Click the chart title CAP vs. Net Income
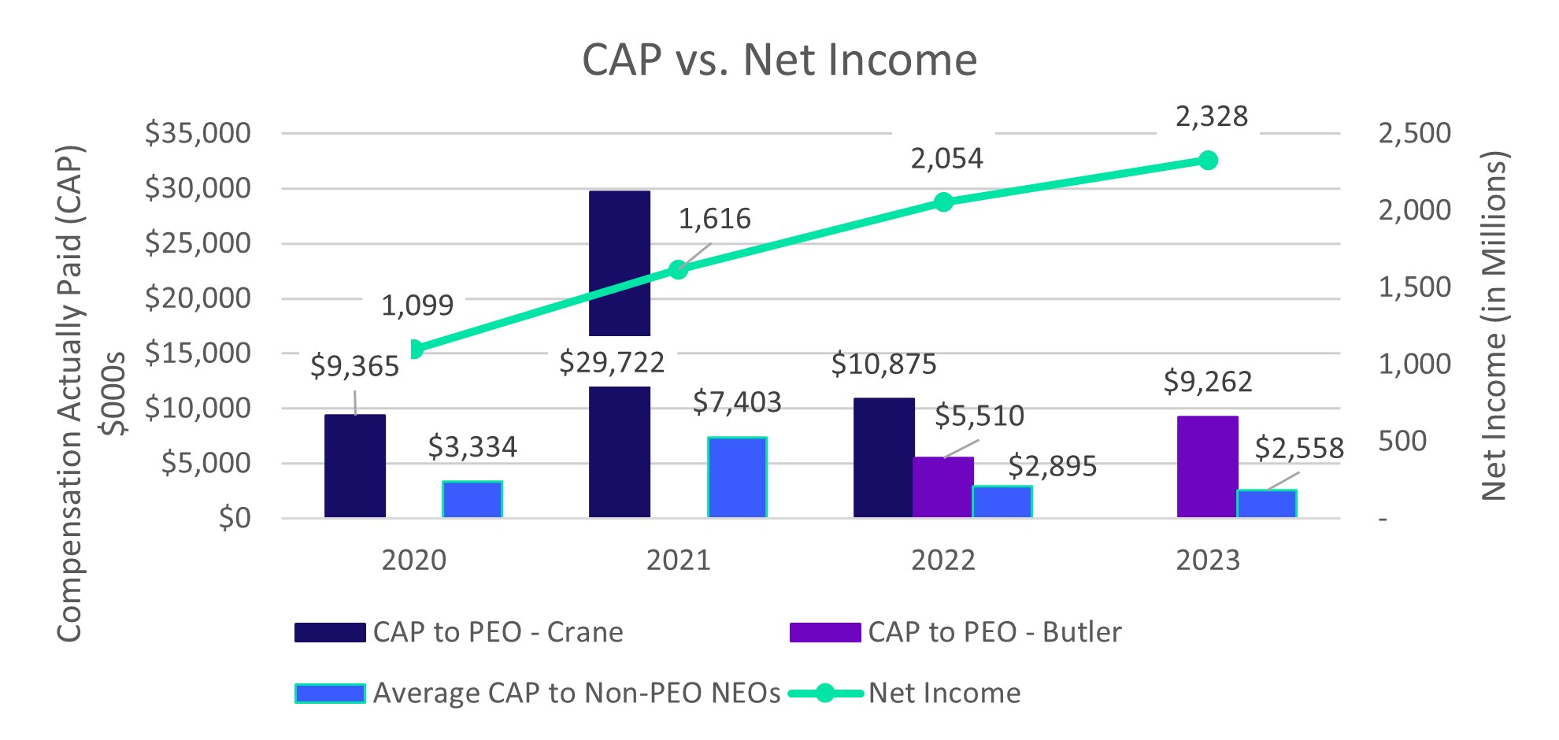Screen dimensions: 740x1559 coord(779,60)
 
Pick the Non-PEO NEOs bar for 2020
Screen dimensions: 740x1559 coord(472,499)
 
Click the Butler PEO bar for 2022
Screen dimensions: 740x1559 coord(943,487)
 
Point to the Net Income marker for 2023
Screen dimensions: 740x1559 coord(1209,161)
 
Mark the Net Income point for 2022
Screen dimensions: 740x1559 coord(943,202)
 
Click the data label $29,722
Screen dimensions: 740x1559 coord(612,363)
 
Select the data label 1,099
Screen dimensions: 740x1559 coord(417,305)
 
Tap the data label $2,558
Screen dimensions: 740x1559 coord(1299,448)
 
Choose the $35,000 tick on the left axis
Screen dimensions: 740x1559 coord(198,133)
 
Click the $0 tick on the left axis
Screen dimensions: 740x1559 coord(235,518)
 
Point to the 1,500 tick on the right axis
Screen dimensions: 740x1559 coord(1414,287)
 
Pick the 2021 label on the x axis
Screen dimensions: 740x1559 coord(679,561)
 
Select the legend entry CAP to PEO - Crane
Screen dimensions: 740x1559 coord(498,632)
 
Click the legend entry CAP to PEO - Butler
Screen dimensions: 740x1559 coord(994,632)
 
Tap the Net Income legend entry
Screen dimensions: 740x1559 coord(944,694)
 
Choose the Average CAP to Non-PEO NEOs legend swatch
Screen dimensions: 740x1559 coord(330,694)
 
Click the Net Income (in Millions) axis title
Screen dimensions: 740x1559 coord(1494,326)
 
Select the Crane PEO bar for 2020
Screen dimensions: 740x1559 coord(355,466)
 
